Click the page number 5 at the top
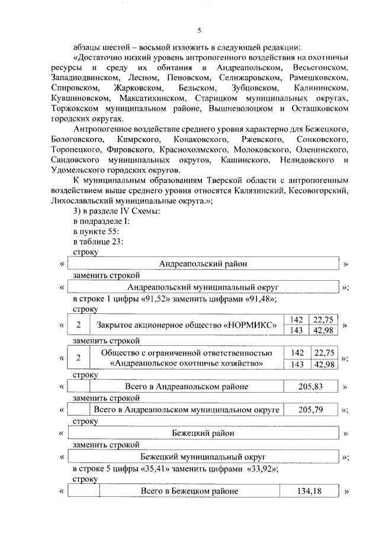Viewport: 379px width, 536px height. [x=199, y=31]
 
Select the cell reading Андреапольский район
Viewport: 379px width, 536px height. [x=203, y=264]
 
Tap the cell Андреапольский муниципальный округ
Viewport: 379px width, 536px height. [x=203, y=287]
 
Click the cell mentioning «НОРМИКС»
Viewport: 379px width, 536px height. [x=189, y=325]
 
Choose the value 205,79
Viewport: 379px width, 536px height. [x=311, y=410]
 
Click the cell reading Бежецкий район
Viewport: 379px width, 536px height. [x=203, y=433]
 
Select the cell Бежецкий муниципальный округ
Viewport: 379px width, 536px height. [x=203, y=457]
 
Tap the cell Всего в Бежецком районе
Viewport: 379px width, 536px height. [x=189, y=492]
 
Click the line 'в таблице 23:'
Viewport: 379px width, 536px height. [x=98, y=241]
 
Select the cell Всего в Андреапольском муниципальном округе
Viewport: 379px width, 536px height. [x=187, y=410]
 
